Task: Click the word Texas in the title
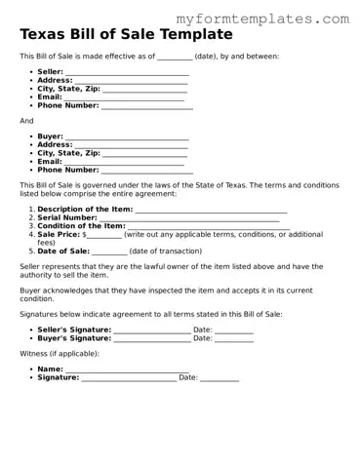[45, 34]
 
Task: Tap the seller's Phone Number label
[68, 105]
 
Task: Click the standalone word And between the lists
[26, 121]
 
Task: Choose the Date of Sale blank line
[109, 251]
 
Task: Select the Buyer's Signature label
[74, 337]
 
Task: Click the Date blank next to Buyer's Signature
[234, 338]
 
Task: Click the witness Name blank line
[127, 369]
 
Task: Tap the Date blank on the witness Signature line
[220, 377]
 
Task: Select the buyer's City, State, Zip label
[68, 153]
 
